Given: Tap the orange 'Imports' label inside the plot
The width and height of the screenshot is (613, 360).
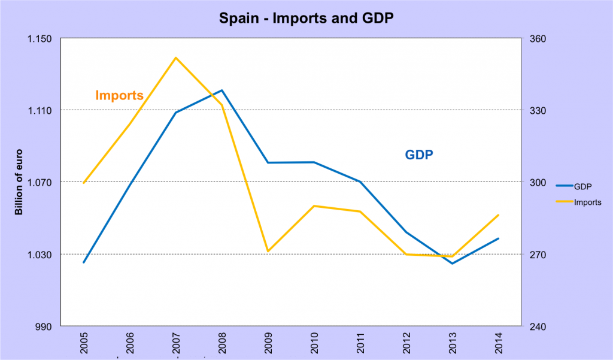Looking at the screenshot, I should pyautogui.click(x=120, y=95).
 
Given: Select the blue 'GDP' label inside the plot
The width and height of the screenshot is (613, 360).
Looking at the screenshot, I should pyautogui.click(x=419, y=155).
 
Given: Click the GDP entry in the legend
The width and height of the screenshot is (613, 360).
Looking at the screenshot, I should pyautogui.click(x=583, y=186).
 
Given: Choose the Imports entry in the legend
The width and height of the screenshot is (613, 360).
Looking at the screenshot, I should pyautogui.click(x=587, y=202).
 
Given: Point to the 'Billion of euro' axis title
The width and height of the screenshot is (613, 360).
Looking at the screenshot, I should pyautogui.click(x=19, y=181).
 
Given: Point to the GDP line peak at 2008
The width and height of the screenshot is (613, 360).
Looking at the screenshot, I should pyautogui.click(x=222, y=90).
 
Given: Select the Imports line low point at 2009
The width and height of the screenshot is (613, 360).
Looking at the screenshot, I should pyautogui.click(x=268, y=251).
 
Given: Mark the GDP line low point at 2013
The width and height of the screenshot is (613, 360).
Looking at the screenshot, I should pyautogui.click(x=453, y=264).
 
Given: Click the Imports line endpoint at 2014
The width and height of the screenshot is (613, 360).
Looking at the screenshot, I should pyautogui.click(x=499, y=215).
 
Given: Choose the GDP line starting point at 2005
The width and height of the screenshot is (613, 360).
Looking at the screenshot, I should pyautogui.click(x=84, y=262).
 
